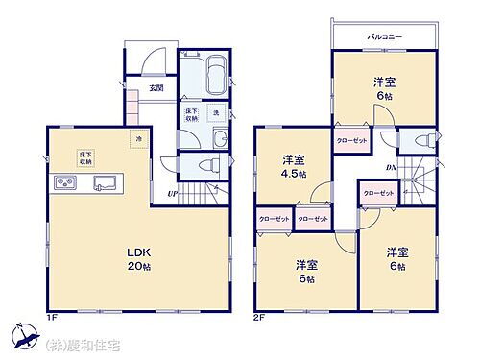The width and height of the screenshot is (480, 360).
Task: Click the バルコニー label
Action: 384,36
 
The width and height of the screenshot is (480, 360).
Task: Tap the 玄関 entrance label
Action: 156,88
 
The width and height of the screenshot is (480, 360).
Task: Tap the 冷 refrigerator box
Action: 139,140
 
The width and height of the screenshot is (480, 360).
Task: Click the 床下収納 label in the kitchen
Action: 84,156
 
